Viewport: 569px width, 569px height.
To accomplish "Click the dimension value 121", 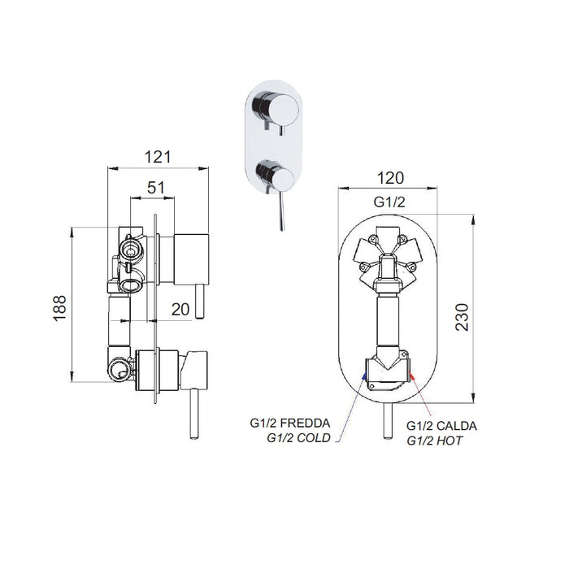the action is (158, 158).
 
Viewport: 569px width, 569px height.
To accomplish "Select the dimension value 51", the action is (156, 188).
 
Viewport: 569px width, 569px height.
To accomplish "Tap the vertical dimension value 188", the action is (60, 308).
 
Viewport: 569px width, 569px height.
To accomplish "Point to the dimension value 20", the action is (180, 309).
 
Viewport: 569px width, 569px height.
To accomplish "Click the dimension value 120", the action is (390, 178).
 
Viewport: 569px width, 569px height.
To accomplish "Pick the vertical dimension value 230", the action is (462, 316).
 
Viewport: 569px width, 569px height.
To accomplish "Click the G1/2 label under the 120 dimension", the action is (389, 202).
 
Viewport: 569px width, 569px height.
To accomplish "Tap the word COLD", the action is (314, 438).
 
